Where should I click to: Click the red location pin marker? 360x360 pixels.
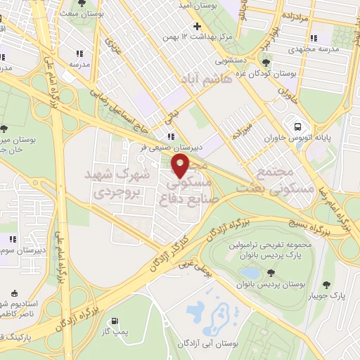point(181,167)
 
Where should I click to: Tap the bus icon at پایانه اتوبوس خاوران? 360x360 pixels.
point(299,127)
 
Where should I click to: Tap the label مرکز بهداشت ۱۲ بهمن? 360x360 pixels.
point(199,36)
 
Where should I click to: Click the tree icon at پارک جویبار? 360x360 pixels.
point(327,284)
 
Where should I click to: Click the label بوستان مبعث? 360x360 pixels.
point(77,13)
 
